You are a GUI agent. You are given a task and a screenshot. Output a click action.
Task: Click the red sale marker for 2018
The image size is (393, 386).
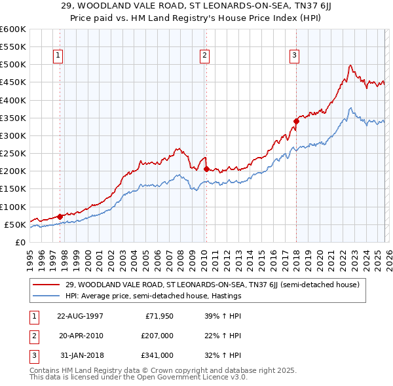tap(296, 120)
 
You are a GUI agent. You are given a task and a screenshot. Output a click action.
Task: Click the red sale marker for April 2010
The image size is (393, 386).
tap(206, 169)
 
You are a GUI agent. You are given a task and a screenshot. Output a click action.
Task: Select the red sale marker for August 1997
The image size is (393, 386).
tap(60, 216)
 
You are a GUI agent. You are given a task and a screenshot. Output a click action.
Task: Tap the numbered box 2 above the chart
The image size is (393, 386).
tap(205, 56)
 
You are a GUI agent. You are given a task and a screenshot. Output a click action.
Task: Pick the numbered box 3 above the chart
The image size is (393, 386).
tap(295, 56)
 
